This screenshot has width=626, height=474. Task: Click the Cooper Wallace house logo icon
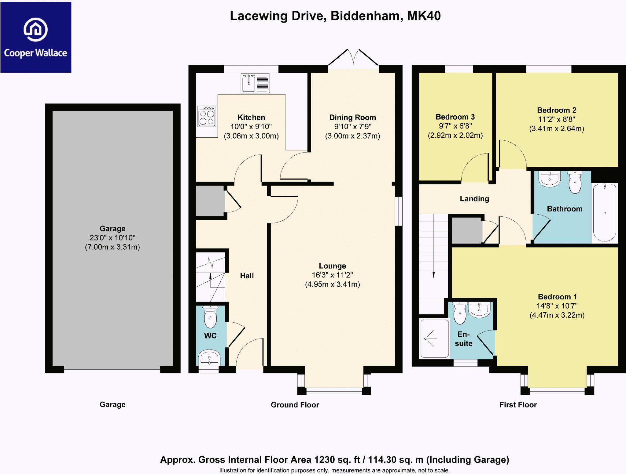click(x=36, y=30)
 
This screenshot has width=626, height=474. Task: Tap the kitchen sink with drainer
click(x=255, y=83)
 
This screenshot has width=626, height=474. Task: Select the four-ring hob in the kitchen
click(x=207, y=116)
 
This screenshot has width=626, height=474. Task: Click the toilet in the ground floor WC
click(x=210, y=317)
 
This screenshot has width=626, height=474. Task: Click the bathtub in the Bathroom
click(x=605, y=212)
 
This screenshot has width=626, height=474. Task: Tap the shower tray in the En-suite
click(x=434, y=338)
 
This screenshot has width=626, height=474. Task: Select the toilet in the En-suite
click(x=460, y=313)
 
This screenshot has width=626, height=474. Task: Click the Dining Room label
click(x=352, y=118)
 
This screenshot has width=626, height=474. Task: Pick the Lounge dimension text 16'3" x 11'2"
click(x=332, y=275)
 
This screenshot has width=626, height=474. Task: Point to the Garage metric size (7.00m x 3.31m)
click(x=112, y=247)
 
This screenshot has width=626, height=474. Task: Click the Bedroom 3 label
click(x=455, y=117)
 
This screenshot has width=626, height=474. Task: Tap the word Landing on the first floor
click(x=474, y=199)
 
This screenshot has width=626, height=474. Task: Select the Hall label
click(x=247, y=276)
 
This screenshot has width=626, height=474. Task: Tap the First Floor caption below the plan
click(x=518, y=405)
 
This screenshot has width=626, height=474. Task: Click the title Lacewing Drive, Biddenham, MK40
click(x=335, y=16)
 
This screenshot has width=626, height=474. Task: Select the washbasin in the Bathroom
click(x=550, y=179)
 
